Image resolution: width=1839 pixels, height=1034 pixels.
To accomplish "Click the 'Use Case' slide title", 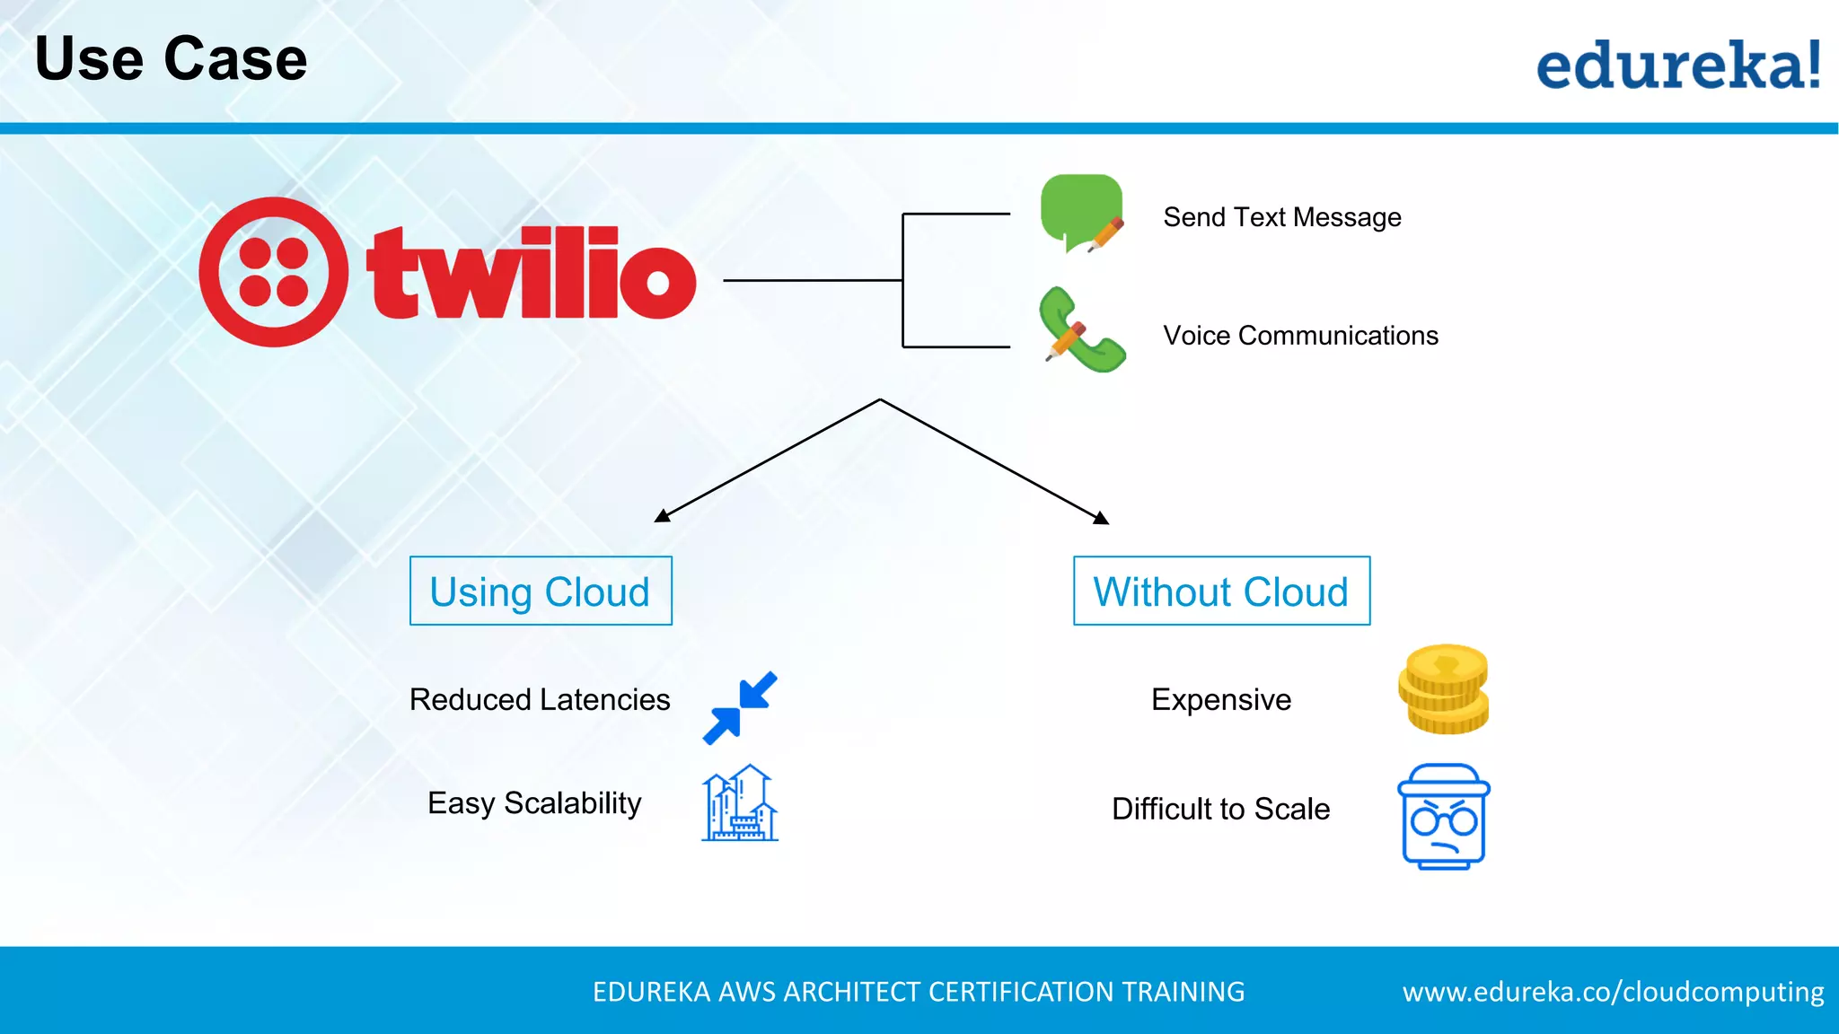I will point(171,59).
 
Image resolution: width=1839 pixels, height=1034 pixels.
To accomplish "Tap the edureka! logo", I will point(1678,65).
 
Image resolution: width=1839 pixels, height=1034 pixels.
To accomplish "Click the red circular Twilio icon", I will point(274,272).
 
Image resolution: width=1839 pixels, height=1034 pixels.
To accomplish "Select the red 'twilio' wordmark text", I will point(531,273).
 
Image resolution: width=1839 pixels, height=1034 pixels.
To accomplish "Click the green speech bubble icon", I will point(1081,212).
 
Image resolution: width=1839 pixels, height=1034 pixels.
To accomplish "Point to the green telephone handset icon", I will point(1081,330).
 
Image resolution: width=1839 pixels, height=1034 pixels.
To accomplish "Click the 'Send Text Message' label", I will point(1281,217).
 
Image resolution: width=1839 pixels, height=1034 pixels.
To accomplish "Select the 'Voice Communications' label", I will point(1300,336).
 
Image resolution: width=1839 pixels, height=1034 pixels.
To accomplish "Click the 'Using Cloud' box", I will point(541,591).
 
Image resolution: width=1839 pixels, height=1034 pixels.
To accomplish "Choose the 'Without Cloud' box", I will point(1221,591).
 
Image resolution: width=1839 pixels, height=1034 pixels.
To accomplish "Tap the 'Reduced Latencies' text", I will point(540,699).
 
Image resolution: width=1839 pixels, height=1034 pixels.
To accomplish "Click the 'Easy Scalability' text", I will point(534,802).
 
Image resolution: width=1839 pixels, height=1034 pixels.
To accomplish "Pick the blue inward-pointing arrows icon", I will point(740,708).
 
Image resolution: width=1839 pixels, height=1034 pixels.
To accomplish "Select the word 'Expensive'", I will point(1221,699).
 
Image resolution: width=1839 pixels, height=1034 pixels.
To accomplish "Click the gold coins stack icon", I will point(1443,688).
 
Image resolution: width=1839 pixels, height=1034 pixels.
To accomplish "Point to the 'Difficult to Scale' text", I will point(1220,809).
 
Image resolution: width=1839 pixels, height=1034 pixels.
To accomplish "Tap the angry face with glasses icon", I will point(1443,816).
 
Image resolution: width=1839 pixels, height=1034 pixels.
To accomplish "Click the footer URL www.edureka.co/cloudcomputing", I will point(1613,992).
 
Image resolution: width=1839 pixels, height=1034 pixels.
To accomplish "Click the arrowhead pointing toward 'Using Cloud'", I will point(663,516).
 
